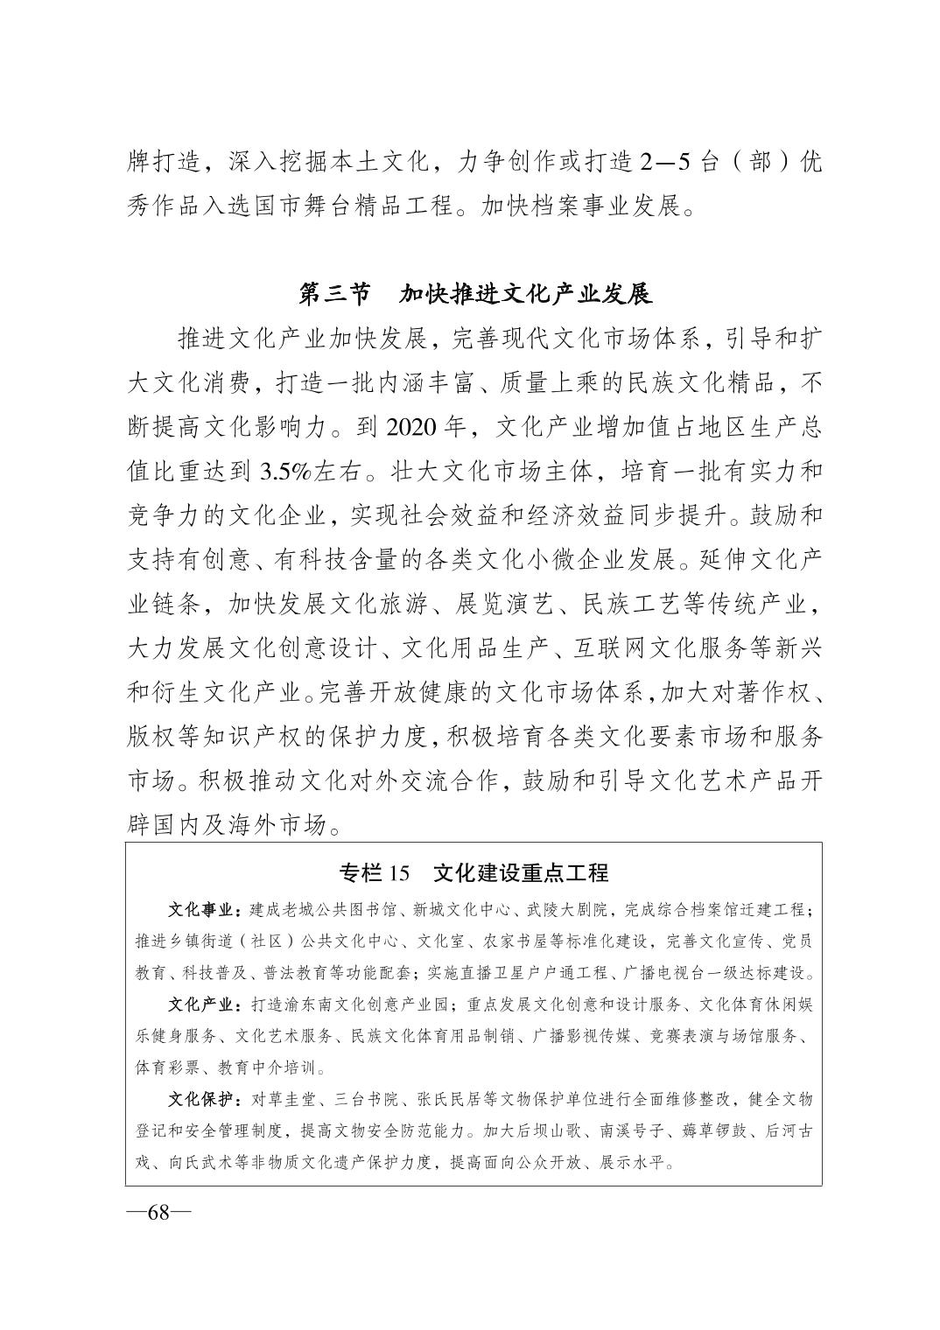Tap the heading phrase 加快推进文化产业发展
click(526, 294)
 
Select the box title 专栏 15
click(374, 872)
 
